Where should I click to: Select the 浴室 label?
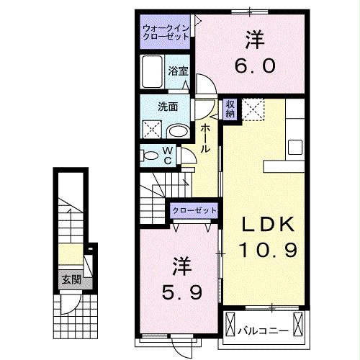coord(179,71)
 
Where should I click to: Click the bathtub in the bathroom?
coord(153,73)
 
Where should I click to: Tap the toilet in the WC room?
coord(150,154)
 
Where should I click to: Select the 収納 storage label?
coord(230,108)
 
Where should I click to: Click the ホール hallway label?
coord(206,137)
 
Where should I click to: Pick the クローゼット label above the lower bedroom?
coord(194,210)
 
